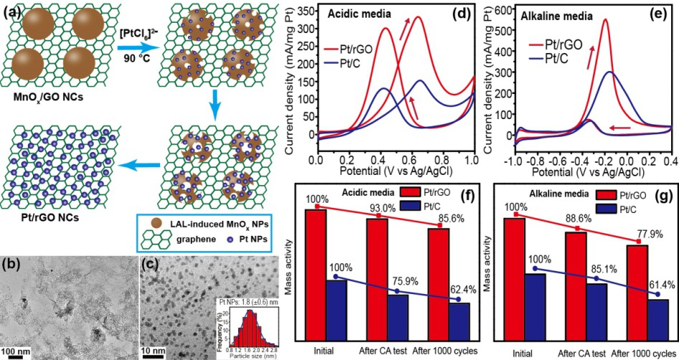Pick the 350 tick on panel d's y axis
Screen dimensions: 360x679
coord(304,11)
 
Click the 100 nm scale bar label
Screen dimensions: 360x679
coord(16,351)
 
